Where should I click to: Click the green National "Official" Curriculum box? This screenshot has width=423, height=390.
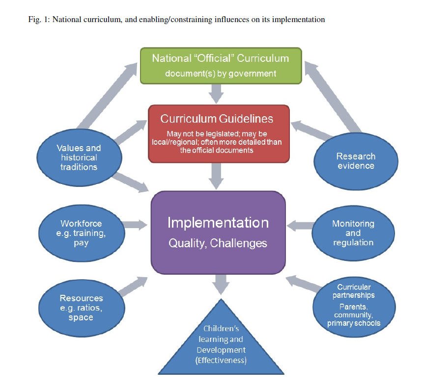(220, 65)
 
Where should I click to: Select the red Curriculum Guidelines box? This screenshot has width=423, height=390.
(218, 133)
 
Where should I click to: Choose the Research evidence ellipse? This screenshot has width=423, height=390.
(356, 161)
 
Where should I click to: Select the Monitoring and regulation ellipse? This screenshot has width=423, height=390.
(353, 233)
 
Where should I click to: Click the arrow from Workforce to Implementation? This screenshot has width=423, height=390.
(135, 225)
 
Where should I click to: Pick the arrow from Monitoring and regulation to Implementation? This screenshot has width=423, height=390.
(300, 225)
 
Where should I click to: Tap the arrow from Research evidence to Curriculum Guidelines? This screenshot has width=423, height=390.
(307, 130)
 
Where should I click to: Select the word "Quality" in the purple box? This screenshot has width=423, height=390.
(186, 243)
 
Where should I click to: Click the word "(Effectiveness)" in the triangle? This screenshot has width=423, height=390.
(222, 361)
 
